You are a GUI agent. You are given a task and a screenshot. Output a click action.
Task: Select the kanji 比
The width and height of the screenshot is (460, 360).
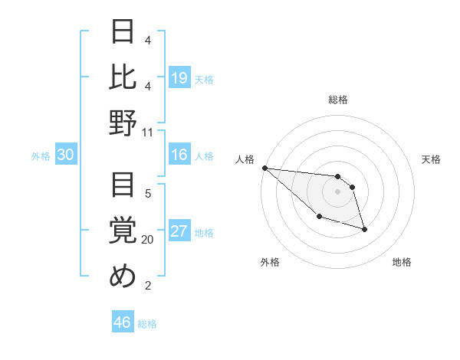point(123,78)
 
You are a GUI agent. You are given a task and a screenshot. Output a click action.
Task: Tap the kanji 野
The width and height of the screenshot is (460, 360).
point(123,123)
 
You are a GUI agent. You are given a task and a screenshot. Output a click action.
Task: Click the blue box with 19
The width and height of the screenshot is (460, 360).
point(179,78)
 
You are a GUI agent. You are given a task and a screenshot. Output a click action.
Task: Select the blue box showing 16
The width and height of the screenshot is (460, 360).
point(179,155)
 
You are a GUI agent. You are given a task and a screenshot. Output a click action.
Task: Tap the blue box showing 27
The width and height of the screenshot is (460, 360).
point(179,232)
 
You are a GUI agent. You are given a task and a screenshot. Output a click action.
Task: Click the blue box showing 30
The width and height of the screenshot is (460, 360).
point(65,155)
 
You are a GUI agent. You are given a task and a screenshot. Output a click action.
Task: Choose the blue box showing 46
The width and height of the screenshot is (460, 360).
point(122,322)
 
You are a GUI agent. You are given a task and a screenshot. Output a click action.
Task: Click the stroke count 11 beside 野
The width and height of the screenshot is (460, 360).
point(148,132)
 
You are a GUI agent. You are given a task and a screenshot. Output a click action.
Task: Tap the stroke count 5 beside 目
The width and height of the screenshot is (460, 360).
point(148,193)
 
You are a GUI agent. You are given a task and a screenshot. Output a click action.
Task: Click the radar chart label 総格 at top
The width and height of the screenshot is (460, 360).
point(337,100)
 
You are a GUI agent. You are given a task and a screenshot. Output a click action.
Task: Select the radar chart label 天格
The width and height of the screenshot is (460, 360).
point(431,159)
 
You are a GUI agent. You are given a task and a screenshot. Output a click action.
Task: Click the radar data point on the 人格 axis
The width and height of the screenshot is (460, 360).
point(264,168)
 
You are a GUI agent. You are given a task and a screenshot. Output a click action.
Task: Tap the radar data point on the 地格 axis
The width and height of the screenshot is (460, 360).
point(364,229)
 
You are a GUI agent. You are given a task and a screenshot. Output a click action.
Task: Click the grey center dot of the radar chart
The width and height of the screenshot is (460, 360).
point(337,191)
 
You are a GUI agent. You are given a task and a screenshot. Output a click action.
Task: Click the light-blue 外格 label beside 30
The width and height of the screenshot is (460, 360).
point(41,156)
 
